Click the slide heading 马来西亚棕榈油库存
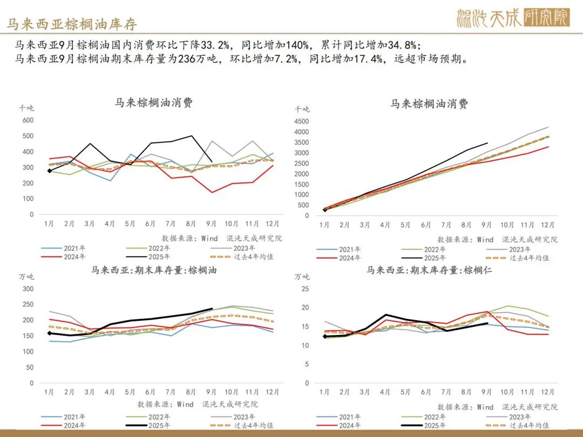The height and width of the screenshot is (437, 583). (72, 24)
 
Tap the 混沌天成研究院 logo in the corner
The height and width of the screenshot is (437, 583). (513, 18)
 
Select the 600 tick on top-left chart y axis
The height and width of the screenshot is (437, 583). (28, 120)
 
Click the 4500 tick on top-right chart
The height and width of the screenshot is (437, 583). (302, 121)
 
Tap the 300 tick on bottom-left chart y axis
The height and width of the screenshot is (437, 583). (28, 289)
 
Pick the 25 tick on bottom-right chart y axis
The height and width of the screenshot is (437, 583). (305, 289)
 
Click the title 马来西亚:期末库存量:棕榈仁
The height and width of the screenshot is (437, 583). (429, 270)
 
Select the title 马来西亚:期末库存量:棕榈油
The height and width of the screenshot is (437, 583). (154, 270)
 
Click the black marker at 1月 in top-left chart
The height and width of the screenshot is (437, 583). (50, 171)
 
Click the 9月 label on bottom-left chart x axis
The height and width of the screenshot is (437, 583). (211, 392)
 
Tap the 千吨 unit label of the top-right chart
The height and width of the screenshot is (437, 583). (303, 108)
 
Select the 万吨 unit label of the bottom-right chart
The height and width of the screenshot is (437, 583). (303, 277)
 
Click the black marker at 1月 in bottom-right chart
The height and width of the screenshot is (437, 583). (324, 336)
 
